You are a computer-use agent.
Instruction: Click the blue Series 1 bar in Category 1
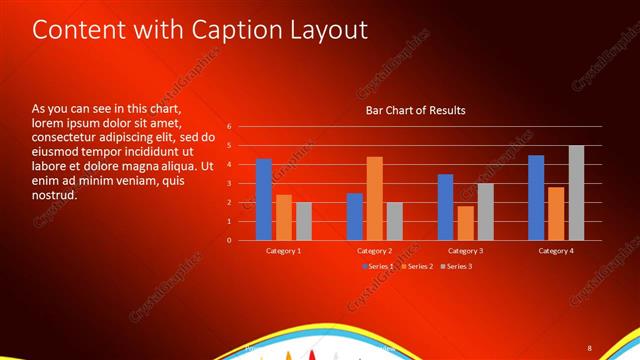(x=263, y=200)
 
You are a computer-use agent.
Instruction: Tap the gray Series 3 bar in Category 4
(x=576, y=193)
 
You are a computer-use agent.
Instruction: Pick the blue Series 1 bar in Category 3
(x=446, y=207)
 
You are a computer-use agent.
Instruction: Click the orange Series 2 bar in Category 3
(x=465, y=223)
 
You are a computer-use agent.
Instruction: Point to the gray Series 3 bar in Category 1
(x=303, y=221)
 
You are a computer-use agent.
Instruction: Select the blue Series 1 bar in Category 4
(x=536, y=198)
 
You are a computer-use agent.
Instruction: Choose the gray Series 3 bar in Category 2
(x=394, y=221)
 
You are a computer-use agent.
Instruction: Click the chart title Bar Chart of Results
(x=415, y=110)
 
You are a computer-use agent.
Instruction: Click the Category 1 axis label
(x=283, y=250)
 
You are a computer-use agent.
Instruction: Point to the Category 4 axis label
(x=556, y=250)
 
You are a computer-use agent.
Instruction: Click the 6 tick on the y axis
(x=229, y=127)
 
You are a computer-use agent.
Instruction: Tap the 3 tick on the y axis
(x=229, y=184)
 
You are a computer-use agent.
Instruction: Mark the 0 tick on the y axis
(x=229, y=241)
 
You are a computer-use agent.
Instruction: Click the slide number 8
(x=589, y=348)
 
